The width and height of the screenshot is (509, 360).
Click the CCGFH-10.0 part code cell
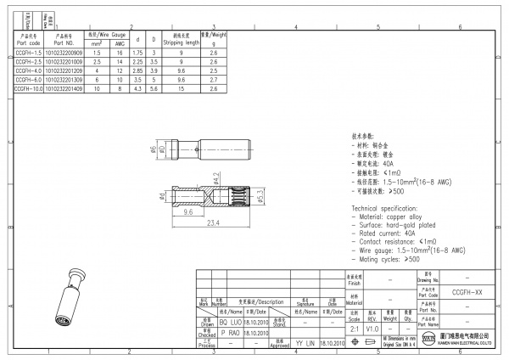click(x=28, y=88)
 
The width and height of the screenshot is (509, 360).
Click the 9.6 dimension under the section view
click(x=189, y=213)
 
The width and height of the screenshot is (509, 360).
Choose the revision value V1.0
click(x=372, y=328)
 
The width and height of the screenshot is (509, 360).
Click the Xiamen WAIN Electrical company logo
click(x=429, y=341)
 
